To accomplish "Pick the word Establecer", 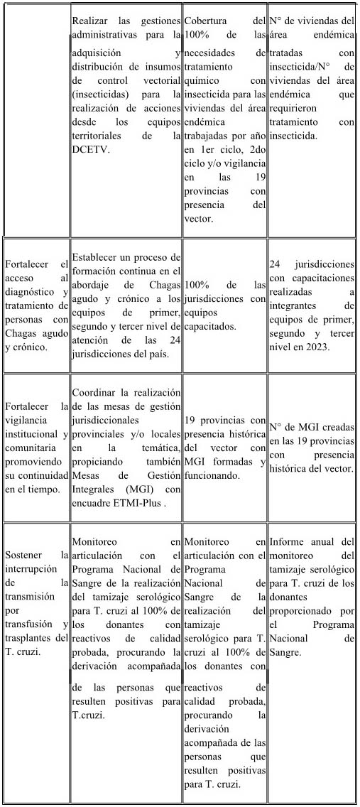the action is point(100,257).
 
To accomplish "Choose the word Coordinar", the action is point(97,393).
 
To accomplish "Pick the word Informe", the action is point(288,541).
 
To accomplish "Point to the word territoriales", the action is point(102,134).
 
